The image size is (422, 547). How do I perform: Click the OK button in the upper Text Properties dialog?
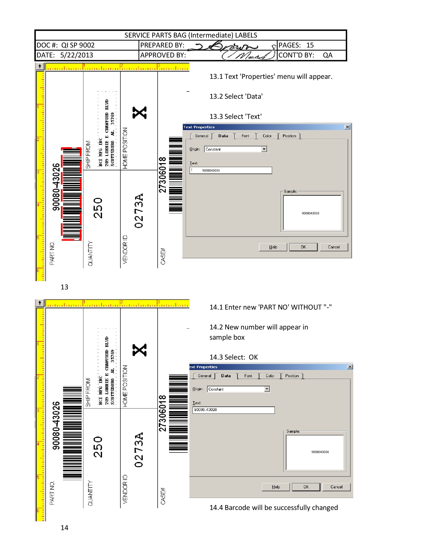pyautogui.click(x=303, y=247)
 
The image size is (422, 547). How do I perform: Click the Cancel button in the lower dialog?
pyautogui.click(x=336, y=487)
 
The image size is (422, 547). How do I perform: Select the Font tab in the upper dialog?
pyautogui.click(x=245, y=136)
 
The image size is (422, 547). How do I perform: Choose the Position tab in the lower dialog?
pyautogui.click(x=292, y=376)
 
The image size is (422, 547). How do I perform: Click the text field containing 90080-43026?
pyautogui.click(x=233, y=410)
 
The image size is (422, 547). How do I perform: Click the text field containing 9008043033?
pyautogui.click(x=231, y=170)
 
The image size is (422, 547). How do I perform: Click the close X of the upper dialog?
pyautogui.click(x=347, y=127)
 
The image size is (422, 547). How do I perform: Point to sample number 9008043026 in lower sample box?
pyautogui.click(x=320, y=452)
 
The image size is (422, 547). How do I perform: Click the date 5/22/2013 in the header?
pyautogui.click(x=76, y=55)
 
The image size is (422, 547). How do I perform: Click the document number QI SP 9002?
pyautogui.click(x=78, y=45)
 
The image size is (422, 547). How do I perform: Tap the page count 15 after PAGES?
pyautogui.click(x=310, y=45)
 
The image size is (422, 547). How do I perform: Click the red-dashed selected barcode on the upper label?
pyautogui.click(x=72, y=194)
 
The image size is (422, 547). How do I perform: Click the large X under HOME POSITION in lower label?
pyautogui.click(x=140, y=350)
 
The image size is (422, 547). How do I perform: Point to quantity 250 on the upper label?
pyautogui.click(x=98, y=208)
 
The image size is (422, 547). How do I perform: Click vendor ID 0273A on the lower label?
pyautogui.click(x=139, y=450)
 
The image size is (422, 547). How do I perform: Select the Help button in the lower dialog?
pyautogui.click(x=276, y=487)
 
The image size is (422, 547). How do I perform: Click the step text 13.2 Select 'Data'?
pyautogui.click(x=236, y=96)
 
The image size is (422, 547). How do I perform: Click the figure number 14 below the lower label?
pyautogui.click(x=64, y=528)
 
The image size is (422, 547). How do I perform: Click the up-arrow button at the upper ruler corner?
pyautogui.click(x=40, y=66)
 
